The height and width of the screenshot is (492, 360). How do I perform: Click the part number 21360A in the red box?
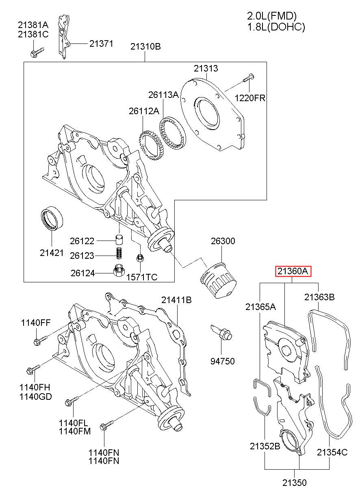point(293,271)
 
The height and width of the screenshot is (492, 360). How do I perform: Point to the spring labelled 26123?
point(119,253)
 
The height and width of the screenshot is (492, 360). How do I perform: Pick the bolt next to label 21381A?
point(37,52)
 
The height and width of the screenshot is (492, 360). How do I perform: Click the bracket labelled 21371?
point(64,37)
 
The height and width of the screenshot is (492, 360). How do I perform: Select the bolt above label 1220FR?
point(249,78)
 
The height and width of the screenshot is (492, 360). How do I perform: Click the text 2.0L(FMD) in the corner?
point(272,16)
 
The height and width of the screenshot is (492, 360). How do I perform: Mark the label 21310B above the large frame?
point(145,47)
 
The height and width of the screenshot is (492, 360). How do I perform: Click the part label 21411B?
point(176,300)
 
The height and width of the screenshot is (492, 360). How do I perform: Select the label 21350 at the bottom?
point(294,483)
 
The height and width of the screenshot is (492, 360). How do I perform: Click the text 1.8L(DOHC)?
point(276,27)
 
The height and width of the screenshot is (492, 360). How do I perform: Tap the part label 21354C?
point(332,452)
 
